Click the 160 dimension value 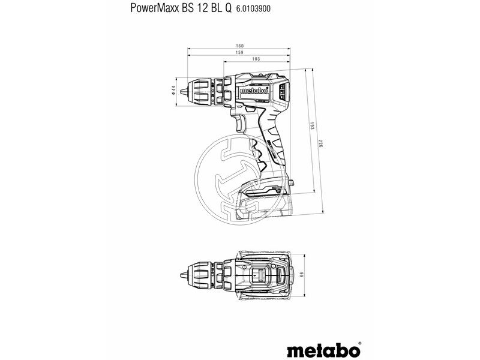coord(239,46)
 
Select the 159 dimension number coord(239,53)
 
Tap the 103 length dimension coord(256,59)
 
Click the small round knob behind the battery coord(292,184)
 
